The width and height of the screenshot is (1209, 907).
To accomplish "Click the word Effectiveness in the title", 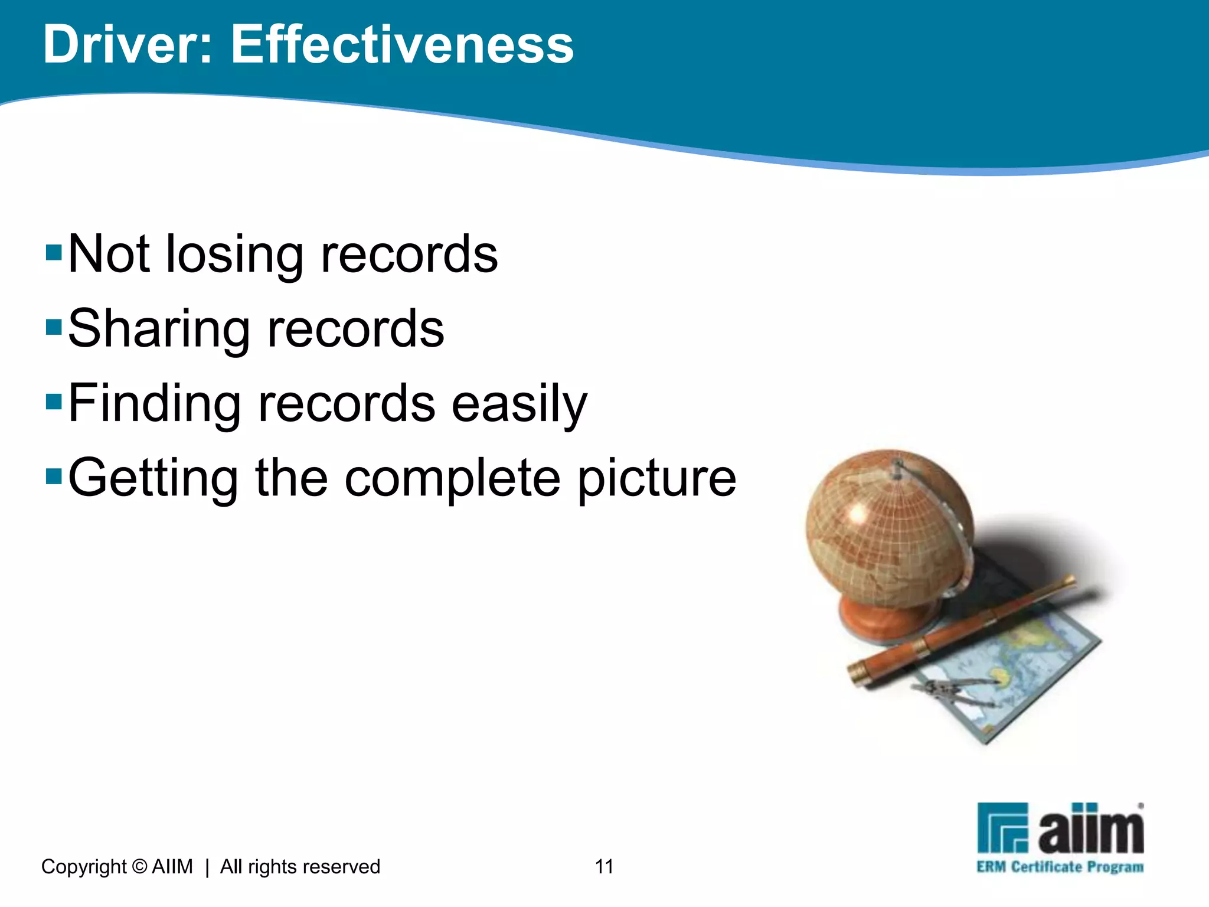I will coord(402,45).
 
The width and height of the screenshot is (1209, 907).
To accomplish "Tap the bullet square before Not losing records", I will coord(54,252).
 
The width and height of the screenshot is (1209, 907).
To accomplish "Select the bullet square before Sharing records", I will coord(54,327).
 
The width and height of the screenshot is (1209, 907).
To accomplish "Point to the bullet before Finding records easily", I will coord(54,402).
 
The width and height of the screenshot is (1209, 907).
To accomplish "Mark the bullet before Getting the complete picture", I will coord(54,475).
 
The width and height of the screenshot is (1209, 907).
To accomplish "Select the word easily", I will coord(519,404).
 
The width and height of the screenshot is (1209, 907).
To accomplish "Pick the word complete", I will coord(452,479).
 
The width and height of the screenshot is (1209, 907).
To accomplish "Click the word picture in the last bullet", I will coord(656,479).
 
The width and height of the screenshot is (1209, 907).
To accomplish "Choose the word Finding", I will coord(155,404).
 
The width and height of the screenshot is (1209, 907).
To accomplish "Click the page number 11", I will coord(604,866).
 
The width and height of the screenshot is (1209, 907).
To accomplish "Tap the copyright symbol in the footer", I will coord(139,866).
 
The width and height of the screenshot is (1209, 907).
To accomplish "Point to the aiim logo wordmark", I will coord(1090,830).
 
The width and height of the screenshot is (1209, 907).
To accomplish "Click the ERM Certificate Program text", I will coord(1060,867).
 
